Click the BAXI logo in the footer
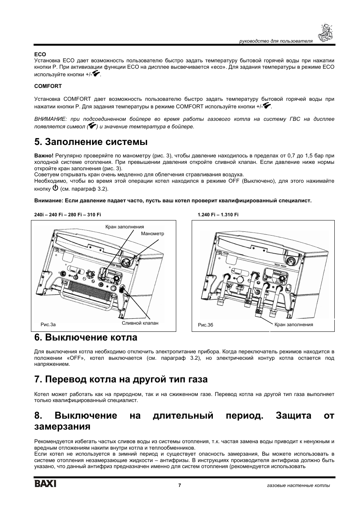click(x=45, y=484)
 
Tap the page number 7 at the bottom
click(x=180, y=485)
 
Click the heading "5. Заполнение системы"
click(x=91, y=142)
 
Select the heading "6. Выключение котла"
click(x=86, y=337)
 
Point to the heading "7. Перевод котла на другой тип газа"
click(x=121, y=379)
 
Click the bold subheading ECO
click(x=40, y=54)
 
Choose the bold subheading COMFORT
click(x=48, y=86)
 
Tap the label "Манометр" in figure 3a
click(x=152, y=234)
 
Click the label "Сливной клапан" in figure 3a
click(x=140, y=323)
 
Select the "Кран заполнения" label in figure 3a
click(x=125, y=227)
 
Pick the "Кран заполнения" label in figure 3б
click(x=294, y=325)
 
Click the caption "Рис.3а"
click(x=48, y=324)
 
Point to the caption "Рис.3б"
click(x=206, y=325)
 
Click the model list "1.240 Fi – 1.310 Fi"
click(x=218, y=215)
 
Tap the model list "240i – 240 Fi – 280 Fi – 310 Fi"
click(x=68, y=215)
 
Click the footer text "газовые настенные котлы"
click(x=302, y=485)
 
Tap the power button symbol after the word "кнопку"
click(x=55, y=188)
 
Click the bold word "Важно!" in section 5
click(x=44, y=156)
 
